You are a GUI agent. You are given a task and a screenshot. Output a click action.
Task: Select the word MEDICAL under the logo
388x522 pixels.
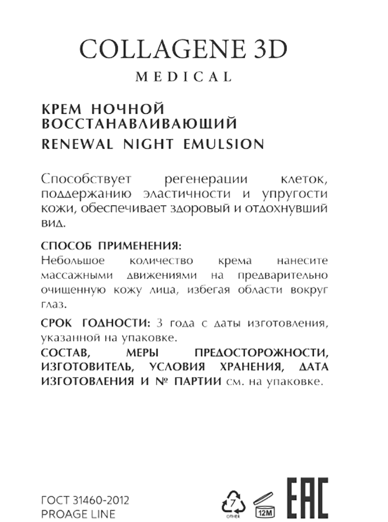(x=184, y=77)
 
